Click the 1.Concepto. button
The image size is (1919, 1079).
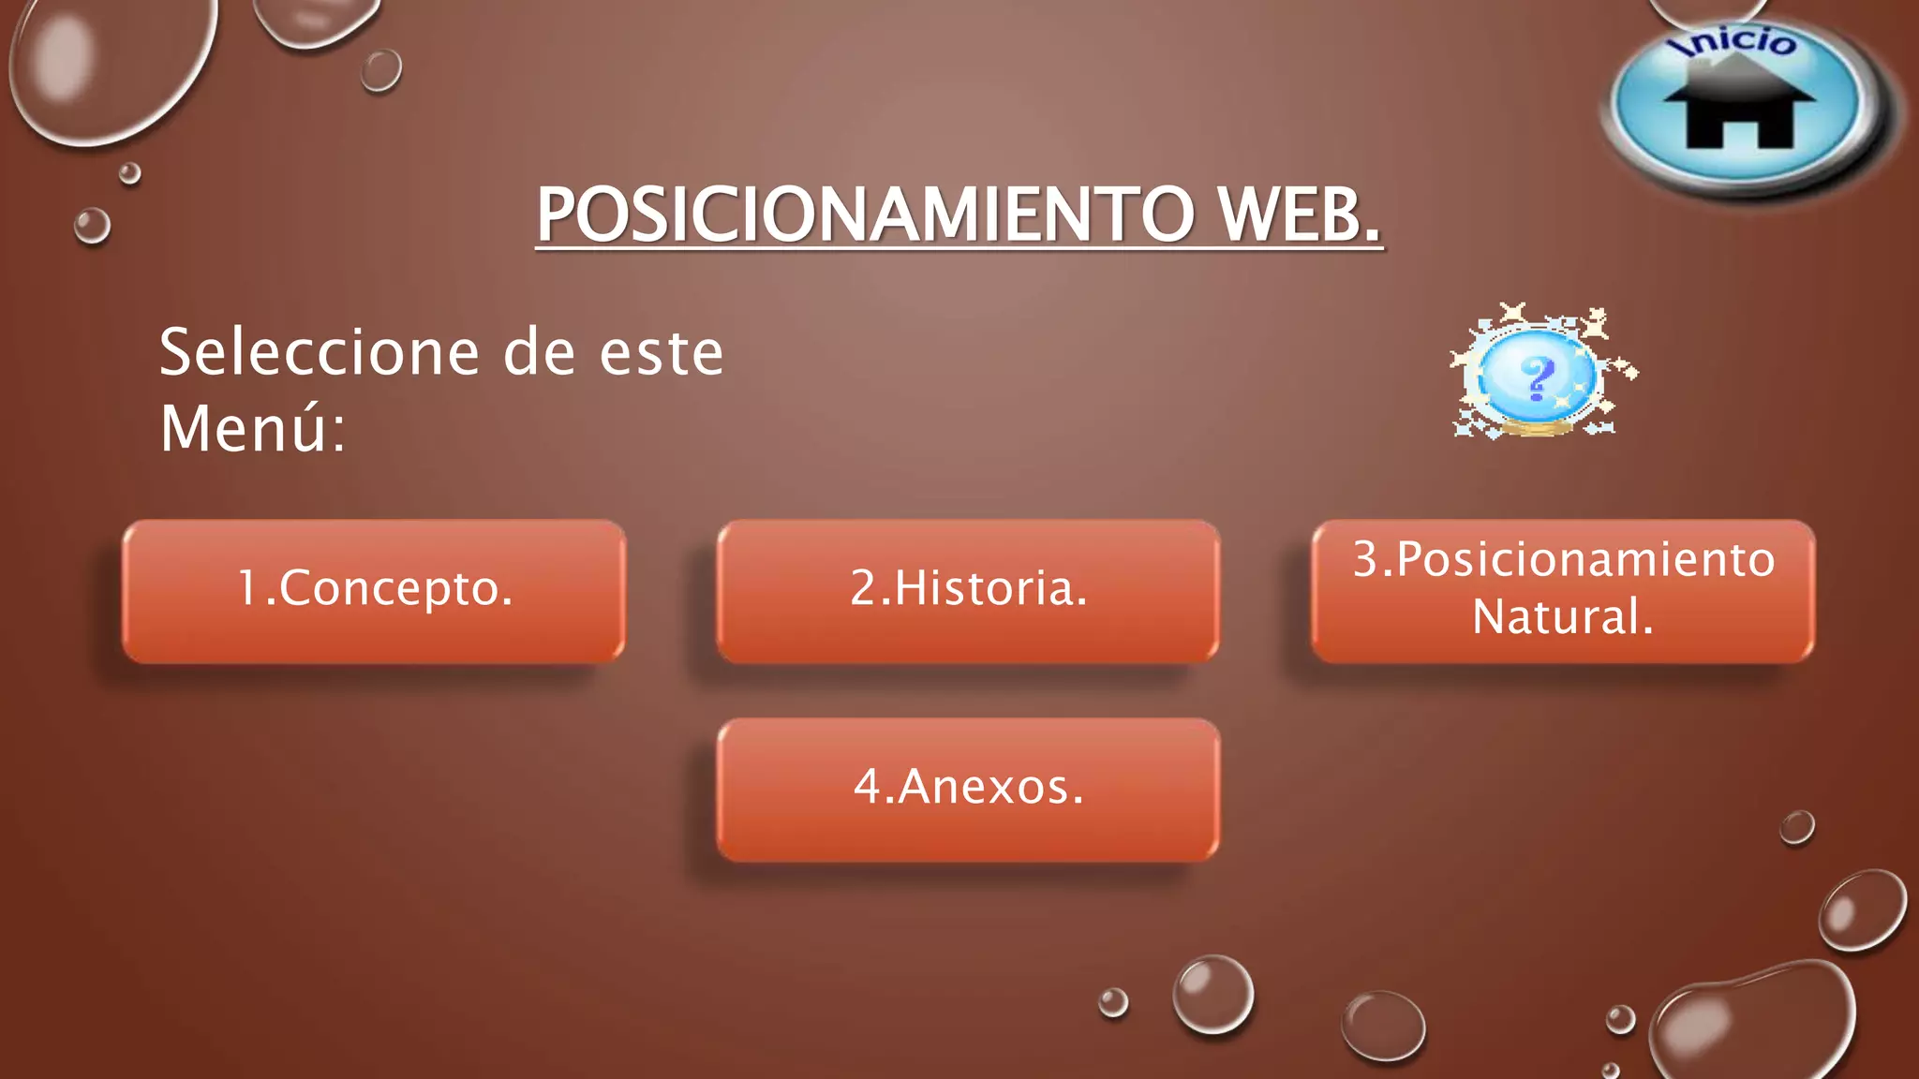coord(373,591)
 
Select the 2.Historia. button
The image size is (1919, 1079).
coord(968,591)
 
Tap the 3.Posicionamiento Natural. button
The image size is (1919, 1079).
coord(1562,591)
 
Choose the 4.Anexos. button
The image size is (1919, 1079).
coord(968,789)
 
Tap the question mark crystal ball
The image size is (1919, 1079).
coord(1537,377)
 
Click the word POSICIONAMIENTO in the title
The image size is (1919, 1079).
coord(862,215)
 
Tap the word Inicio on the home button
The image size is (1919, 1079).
coord(1739,42)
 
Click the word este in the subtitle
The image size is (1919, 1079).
coord(662,353)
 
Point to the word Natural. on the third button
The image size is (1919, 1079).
coord(1562,617)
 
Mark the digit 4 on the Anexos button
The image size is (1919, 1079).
coord(867,787)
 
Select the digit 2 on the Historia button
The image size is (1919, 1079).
coord(862,589)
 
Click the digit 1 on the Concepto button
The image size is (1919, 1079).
coord(248,589)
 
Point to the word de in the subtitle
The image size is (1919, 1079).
coord(539,353)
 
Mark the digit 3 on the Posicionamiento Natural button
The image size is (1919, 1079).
coord(1366,560)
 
